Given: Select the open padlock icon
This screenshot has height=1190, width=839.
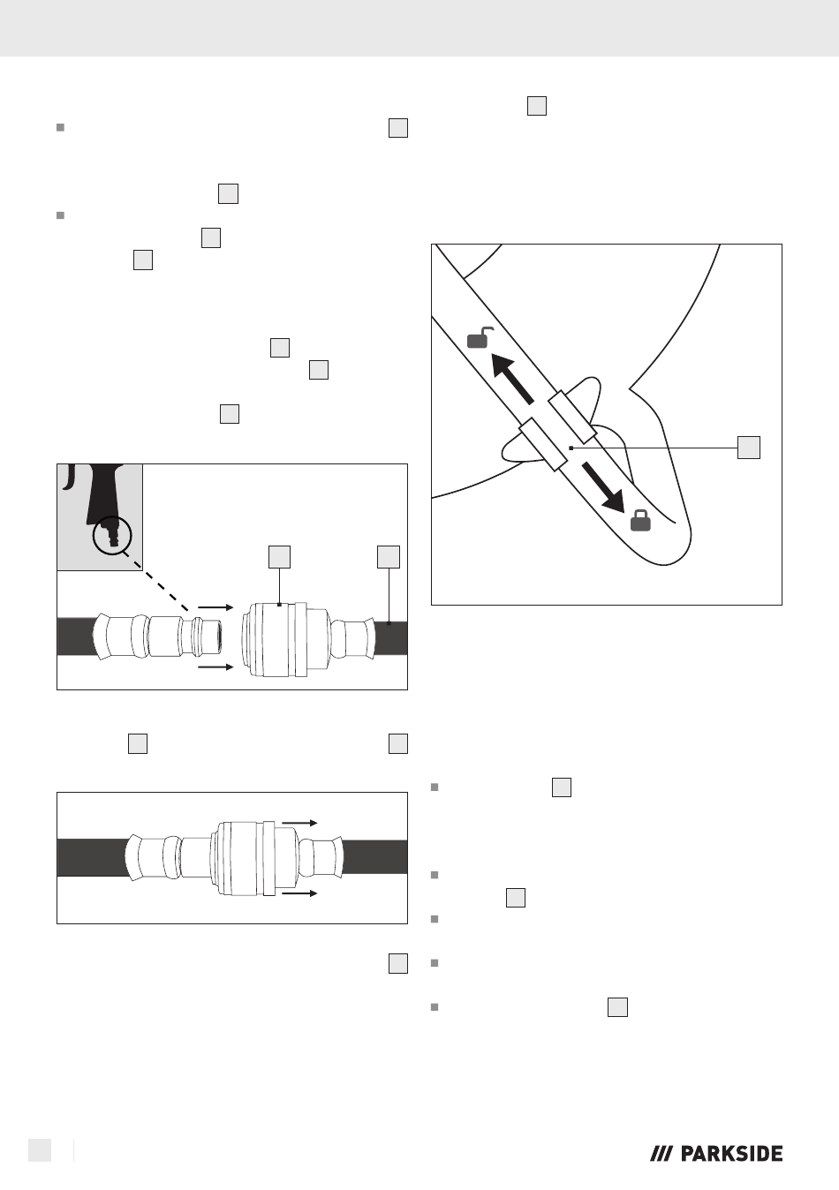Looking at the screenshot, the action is click(480, 338).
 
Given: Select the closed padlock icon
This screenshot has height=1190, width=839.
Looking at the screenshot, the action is click(640, 520).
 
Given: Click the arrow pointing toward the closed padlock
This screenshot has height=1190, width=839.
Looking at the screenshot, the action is click(603, 487).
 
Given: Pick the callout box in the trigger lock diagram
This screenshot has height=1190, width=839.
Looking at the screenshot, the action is click(749, 448).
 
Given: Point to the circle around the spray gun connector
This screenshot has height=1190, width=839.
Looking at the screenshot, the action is click(112, 535).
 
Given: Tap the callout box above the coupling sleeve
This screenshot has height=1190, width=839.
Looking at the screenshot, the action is click(279, 557).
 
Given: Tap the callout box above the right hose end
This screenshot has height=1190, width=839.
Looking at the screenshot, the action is click(389, 557).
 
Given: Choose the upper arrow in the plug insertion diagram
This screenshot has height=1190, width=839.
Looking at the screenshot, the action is click(215, 607).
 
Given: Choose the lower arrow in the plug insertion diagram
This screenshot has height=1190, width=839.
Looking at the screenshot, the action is click(215, 667).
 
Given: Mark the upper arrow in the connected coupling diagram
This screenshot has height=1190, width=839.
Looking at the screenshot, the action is click(299, 823).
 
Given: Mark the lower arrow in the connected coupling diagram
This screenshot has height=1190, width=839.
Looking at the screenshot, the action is click(299, 893).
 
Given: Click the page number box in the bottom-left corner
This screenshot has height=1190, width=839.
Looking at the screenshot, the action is click(40, 1150).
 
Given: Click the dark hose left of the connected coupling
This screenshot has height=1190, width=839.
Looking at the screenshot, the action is click(93, 857).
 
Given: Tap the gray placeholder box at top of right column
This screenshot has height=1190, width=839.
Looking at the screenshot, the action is click(537, 106).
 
